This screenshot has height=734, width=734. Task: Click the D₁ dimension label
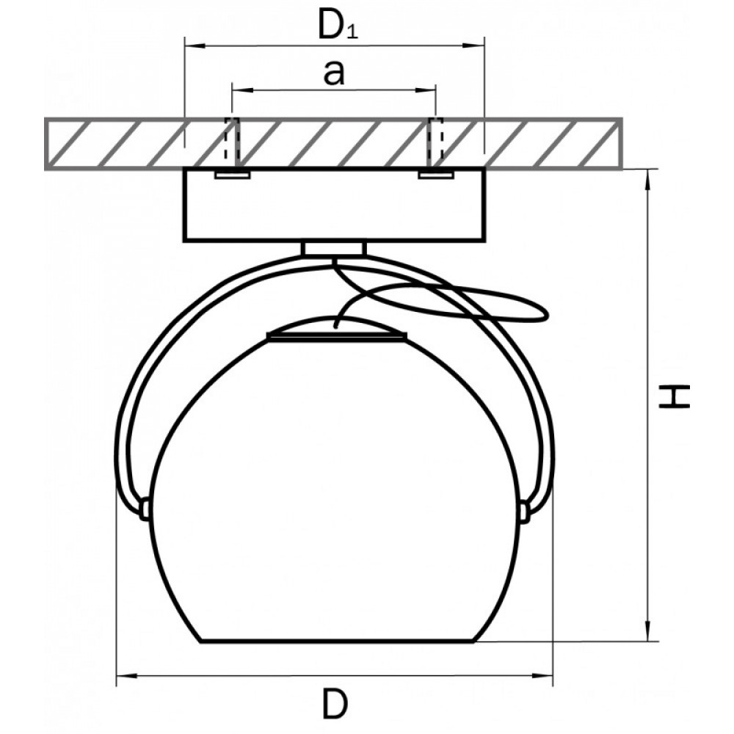click(x=338, y=24)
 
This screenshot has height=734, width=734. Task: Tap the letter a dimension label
click(x=334, y=73)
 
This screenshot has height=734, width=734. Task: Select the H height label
click(x=674, y=396)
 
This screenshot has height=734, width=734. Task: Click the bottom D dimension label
click(x=335, y=704)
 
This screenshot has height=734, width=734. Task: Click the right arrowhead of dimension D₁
click(x=473, y=46)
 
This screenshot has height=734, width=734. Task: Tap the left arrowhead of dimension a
click(x=242, y=89)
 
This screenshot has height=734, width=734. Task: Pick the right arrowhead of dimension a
click(x=426, y=89)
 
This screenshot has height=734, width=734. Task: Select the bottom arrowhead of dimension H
click(x=648, y=631)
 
